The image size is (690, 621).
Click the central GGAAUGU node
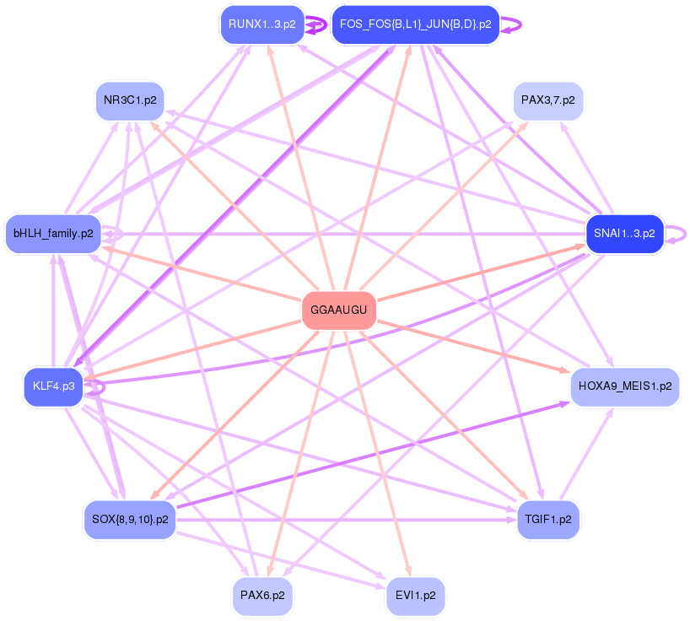[338, 310]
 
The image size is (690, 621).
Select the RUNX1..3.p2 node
[261, 24]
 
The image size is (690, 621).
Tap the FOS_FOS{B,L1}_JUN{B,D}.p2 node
[415, 24]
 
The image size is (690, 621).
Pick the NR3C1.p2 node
[130, 100]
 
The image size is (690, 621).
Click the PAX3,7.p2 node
[547, 100]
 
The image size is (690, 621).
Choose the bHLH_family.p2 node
[53, 233]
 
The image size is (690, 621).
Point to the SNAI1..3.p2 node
[624, 233]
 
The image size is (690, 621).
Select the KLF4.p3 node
[54, 386]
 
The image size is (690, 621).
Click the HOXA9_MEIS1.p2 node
[625, 386]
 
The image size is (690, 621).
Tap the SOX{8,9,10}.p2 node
[130, 519]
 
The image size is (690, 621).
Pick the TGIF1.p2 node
[547, 519]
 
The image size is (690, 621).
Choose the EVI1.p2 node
[415, 595]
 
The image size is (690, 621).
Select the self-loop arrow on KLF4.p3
[95, 387]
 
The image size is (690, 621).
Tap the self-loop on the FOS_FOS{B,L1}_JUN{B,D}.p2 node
[513, 25]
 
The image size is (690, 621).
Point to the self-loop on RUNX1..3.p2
[317, 25]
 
